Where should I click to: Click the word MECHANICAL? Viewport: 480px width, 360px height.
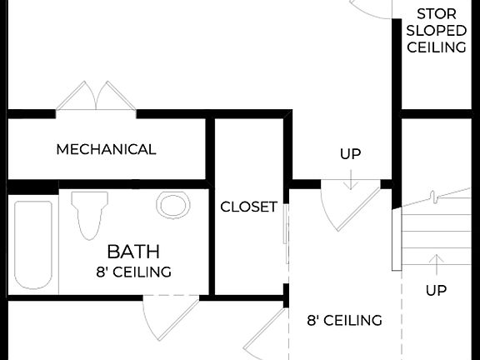point(106,150)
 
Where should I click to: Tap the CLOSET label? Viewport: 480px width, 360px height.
point(248,207)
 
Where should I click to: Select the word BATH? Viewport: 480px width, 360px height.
point(133,252)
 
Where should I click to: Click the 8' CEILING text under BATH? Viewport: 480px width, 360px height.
point(133,272)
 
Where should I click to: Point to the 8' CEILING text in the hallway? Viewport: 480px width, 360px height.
point(344,320)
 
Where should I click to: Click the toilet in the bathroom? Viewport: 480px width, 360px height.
point(88,213)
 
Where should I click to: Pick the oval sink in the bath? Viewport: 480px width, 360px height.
point(172,206)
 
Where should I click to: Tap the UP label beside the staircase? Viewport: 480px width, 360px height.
point(436,291)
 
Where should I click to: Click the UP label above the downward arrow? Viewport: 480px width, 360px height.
point(351,154)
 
